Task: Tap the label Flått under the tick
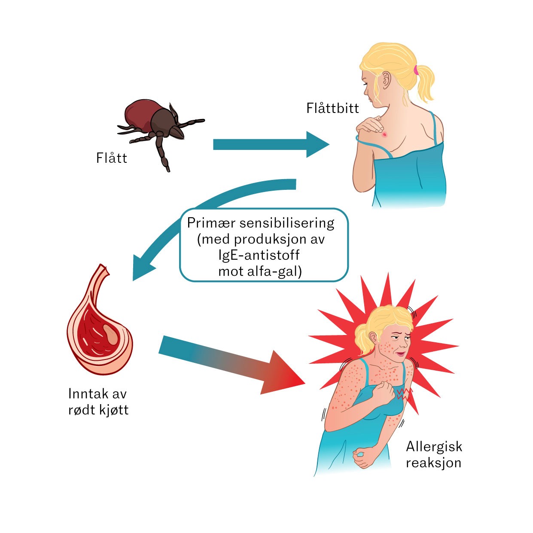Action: tap(112, 158)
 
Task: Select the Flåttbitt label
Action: tap(332, 108)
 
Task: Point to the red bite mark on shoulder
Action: tap(385, 135)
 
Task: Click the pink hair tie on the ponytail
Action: tap(416, 69)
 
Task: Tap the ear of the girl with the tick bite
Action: tap(385, 79)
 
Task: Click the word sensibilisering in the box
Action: tap(287, 223)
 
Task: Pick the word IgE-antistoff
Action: tap(259, 255)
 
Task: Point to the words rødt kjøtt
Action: tap(98, 410)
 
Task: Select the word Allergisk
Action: tap(434, 447)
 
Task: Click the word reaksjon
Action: tap(433, 463)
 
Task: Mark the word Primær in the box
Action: tap(211, 223)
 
